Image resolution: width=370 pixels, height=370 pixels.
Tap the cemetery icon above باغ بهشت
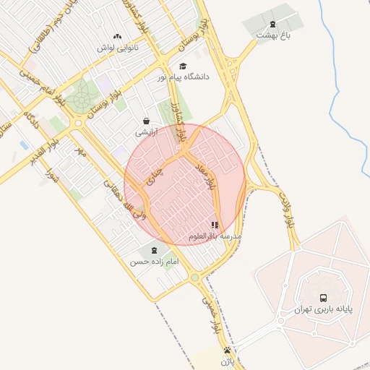(x=272, y=23)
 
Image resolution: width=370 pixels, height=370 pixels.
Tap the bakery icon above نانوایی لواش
(x=118, y=35)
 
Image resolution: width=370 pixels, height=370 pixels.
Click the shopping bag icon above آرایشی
(x=147, y=121)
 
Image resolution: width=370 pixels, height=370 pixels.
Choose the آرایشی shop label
(x=145, y=133)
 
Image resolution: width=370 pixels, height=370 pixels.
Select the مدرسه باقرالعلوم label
(x=215, y=236)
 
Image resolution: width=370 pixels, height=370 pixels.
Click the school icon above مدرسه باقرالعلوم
(x=215, y=225)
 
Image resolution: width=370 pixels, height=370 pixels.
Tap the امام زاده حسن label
(x=153, y=262)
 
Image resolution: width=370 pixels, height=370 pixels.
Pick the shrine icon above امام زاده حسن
(x=153, y=250)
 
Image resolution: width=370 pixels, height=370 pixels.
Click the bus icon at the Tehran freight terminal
(x=322, y=297)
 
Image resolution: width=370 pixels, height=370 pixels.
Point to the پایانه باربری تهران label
(x=323, y=309)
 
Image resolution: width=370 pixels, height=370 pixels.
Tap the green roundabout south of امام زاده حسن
(x=194, y=278)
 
